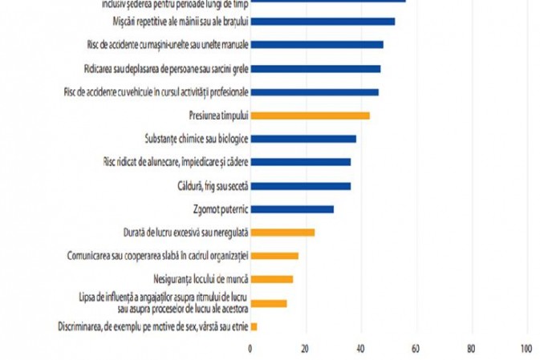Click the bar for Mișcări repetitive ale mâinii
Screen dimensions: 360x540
tap(323, 22)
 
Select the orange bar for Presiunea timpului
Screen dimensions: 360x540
tap(311, 115)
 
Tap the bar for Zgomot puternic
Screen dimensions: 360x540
tap(292, 209)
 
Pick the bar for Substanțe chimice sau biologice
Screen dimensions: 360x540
tap(303, 139)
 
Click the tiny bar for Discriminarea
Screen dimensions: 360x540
tap(254, 326)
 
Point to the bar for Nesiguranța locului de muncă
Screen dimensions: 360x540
tap(272, 279)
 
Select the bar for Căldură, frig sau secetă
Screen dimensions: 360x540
tap(301, 186)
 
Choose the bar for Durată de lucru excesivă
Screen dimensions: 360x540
tap(282, 233)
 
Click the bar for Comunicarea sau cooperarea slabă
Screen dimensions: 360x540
tap(274, 256)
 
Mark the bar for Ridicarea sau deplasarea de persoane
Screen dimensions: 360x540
tap(316, 69)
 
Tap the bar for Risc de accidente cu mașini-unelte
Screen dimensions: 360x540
tap(317, 45)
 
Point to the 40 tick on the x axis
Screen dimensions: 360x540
tap(361, 349)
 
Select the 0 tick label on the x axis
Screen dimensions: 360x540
tap(250, 349)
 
